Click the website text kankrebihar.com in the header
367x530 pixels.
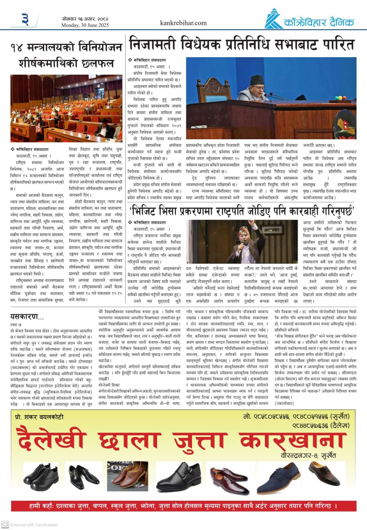coord(183,23)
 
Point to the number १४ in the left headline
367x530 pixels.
coord(21,47)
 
